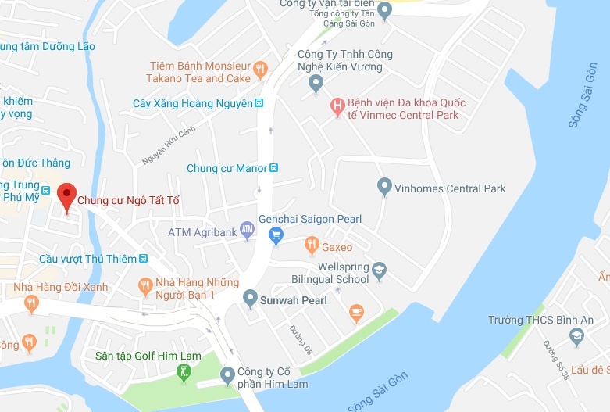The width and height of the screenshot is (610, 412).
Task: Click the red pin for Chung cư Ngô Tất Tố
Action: coord(67,195)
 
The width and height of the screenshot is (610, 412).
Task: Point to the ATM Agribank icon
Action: coord(247,230)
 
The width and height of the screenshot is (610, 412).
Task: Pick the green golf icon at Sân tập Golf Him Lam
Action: coord(184,373)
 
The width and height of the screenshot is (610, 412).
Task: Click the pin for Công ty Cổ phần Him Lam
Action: coord(227,376)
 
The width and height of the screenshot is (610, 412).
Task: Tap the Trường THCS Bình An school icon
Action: coord(576,337)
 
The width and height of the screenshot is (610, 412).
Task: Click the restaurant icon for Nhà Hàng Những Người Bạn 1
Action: coord(144,286)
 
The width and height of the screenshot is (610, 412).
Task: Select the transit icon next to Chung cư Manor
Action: coord(273,168)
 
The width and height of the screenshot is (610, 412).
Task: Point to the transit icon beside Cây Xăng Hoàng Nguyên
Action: coord(259,103)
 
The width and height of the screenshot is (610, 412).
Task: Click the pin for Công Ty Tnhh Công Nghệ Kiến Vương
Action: coord(316,83)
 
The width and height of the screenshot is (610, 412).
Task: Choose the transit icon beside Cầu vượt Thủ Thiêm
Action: coord(142,259)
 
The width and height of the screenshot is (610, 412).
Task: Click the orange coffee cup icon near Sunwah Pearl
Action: coord(356,313)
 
